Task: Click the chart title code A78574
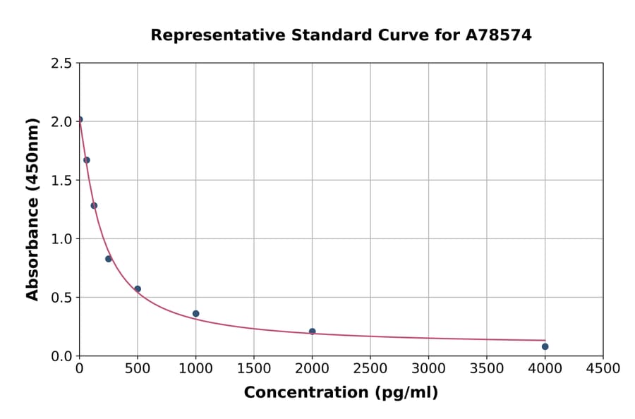[x=499, y=35]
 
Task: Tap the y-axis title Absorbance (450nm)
[x=32, y=209]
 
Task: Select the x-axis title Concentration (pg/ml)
[x=341, y=393]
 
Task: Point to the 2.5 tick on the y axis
[x=61, y=63]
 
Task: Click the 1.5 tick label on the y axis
[x=61, y=181]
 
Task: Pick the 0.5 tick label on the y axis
[x=61, y=298]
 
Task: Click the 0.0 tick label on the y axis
[x=61, y=356]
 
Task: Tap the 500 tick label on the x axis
[x=138, y=368]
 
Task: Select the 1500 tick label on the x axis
[x=254, y=368]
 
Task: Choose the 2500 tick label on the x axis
[x=370, y=368]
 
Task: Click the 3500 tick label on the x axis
[x=487, y=368]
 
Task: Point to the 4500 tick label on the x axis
[x=603, y=368]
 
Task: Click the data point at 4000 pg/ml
[x=545, y=346]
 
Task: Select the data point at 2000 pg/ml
[x=313, y=332]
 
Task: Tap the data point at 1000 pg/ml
[x=196, y=314]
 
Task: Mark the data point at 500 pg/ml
[x=138, y=289]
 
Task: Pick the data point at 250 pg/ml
[x=109, y=259]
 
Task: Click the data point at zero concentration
[x=80, y=120]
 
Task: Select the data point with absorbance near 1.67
[x=87, y=160]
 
